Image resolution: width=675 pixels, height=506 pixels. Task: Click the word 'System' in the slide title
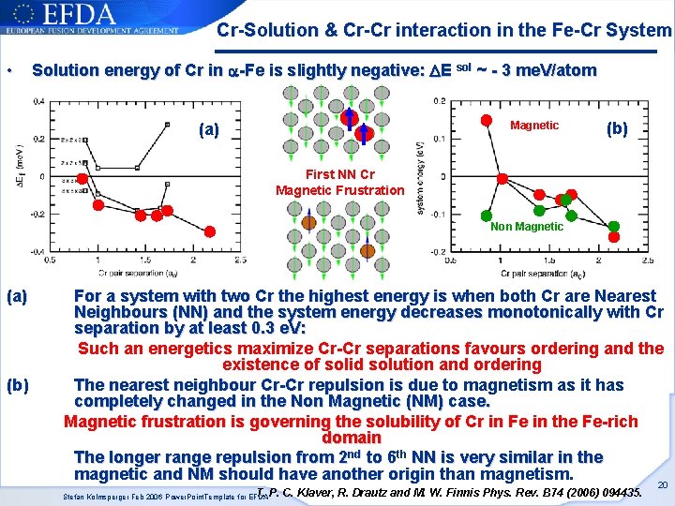coord(638,30)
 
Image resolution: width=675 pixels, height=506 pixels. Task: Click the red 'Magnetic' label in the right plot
coord(533,126)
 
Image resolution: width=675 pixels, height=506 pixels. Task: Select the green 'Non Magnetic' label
coord(526,226)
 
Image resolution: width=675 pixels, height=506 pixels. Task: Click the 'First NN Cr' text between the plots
coord(339,174)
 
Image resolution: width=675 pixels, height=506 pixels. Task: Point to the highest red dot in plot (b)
coord(487,120)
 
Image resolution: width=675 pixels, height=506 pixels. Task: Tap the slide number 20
coord(663,484)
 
